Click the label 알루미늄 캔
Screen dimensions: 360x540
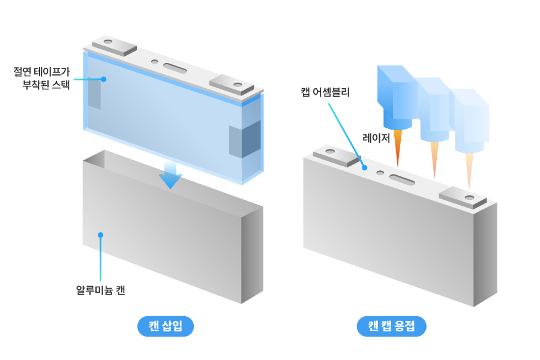[x=100, y=290]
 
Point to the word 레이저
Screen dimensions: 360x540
[x=376, y=137]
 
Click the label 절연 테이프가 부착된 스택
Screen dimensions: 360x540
[x=41, y=78]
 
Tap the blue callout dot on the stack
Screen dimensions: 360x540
[x=104, y=79]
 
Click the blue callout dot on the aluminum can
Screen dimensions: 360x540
[x=100, y=235]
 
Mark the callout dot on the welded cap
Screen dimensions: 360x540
[x=364, y=168]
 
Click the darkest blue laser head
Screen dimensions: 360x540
[x=396, y=96]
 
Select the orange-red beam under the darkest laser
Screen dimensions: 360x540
[x=397, y=148]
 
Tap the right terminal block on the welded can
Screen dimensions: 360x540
[x=463, y=197]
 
